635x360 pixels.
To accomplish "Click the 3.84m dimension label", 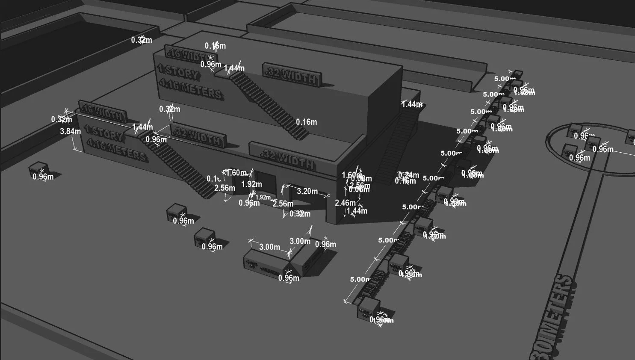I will [70, 131].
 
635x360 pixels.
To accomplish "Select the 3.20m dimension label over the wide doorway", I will [307, 191].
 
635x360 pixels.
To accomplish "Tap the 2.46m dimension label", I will [345, 203].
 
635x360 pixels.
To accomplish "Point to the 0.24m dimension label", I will [409, 174].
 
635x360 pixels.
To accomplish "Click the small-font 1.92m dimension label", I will [263, 197].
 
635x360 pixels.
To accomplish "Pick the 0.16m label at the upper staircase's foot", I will [306, 122].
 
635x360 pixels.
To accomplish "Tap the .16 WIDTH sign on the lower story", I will [103, 112].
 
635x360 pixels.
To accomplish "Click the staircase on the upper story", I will [267, 103].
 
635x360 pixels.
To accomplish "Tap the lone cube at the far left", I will [39, 169].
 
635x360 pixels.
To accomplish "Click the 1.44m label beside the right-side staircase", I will [411, 104].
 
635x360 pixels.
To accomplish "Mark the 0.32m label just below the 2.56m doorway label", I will [300, 213].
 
